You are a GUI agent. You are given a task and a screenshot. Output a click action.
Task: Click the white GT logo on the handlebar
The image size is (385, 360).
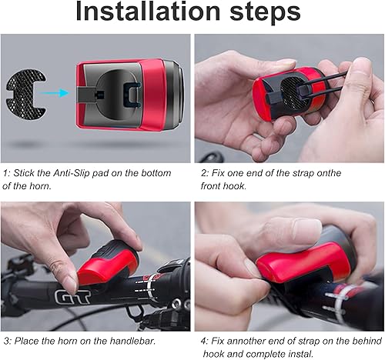(70, 295)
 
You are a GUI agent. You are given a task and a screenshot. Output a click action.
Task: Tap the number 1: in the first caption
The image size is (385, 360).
(6, 173)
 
